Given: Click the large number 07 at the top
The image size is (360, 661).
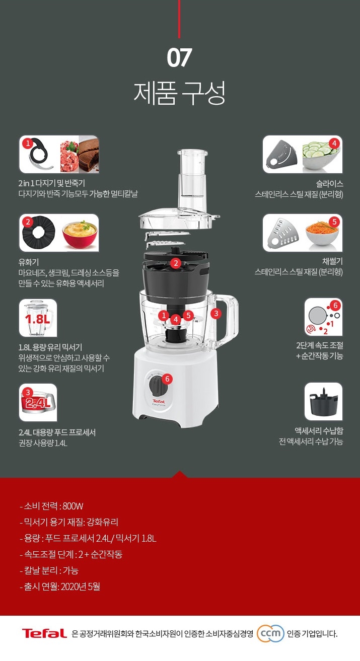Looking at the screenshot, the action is (x=179, y=57).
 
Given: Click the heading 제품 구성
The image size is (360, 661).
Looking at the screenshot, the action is (x=179, y=93).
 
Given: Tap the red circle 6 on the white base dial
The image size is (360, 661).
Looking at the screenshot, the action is (x=167, y=379).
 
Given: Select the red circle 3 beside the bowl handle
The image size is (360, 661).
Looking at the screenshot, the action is (x=216, y=314).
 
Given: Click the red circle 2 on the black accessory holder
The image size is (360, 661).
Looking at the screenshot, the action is (x=176, y=263).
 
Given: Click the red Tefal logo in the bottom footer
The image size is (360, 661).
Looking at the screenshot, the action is (x=44, y=633).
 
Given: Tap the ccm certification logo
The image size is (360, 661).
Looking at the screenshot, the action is (x=270, y=633).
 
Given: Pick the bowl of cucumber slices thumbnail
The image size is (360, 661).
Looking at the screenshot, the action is (x=321, y=155).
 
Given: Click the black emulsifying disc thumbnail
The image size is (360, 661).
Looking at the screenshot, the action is (x=39, y=232).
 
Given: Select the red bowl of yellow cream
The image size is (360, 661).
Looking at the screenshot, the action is (x=80, y=235).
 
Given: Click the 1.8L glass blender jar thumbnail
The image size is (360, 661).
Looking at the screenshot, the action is (x=38, y=318).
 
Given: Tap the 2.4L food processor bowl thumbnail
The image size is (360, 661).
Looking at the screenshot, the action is (x=38, y=403).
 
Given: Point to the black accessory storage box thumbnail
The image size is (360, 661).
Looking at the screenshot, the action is (x=323, y=402).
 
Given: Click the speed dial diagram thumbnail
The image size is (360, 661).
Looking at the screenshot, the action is (x=323, y=317).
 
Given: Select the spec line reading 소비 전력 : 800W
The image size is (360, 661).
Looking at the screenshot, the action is (x=51, y=506).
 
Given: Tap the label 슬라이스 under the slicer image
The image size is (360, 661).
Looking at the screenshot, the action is (x=329, y=184).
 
